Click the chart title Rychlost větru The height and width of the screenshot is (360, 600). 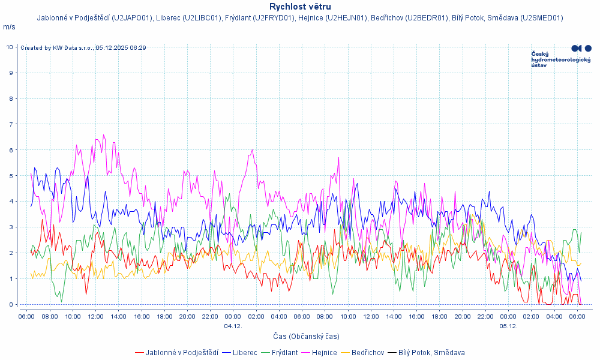click(300, 7)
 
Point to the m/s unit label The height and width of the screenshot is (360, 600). click(9, 27)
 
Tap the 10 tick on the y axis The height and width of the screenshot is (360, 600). click(10, 47)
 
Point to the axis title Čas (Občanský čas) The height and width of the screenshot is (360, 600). click(307, 337)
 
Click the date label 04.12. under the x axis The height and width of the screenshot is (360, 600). click(233, 326)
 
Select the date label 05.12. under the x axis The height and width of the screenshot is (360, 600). click(508, 326)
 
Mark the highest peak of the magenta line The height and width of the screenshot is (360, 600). click(103, 135)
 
